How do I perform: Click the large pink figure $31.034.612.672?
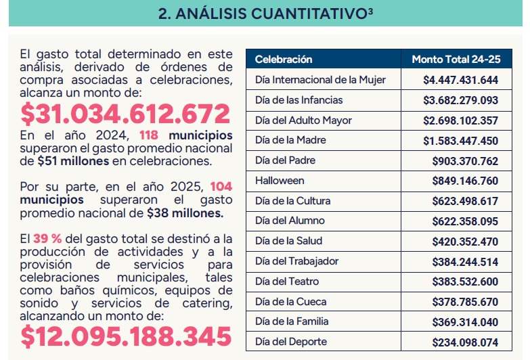point(125,114)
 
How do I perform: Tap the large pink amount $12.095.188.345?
point(125,336)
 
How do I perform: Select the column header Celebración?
point(284,60)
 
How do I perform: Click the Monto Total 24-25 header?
point(456,60)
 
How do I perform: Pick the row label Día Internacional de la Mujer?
point(320,80)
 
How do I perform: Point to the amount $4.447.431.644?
point(460,80)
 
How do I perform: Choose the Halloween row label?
point(280,181)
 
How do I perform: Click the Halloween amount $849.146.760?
point(465,181)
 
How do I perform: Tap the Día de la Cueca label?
point(290,302)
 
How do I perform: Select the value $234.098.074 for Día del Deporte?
point(465,342)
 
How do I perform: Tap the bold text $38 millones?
point(185,212)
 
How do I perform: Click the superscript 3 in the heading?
point(370,10)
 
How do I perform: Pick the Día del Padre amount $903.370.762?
point(465,161)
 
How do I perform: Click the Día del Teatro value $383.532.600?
point(465,282)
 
